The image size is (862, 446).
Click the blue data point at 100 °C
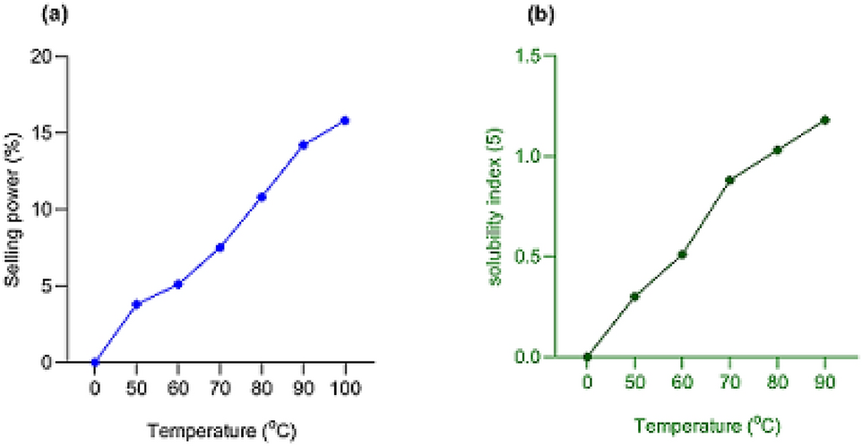(x=344, y=120)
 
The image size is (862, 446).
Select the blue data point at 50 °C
(x=136, y=304)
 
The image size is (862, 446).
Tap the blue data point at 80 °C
(x=261, y=196)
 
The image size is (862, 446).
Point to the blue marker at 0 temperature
(x=95, y=362)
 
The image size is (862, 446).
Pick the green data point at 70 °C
(x=729, y=180)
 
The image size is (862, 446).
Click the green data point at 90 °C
(x=824, y=120)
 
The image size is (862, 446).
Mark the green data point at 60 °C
(x=682, y=254)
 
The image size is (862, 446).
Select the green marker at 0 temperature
(x=587, y=356)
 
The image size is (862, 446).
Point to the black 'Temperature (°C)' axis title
(x=220, y=430)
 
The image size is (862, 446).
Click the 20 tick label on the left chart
(x=41, y=56)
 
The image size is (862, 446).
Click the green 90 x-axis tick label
(x=824, y=382)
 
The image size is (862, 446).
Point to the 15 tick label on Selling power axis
(x=41, y=133)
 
